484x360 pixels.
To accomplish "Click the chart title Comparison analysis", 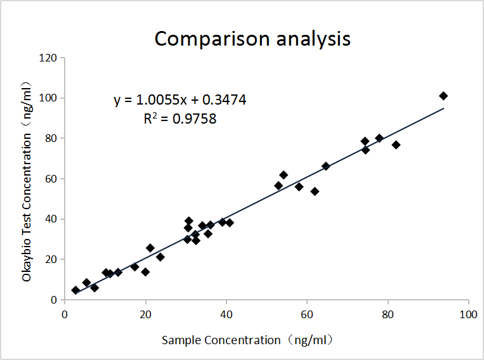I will [x=252, y=39].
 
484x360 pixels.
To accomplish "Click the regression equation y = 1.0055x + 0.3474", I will [x=180, y=100].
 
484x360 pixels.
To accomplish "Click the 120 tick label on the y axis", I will [x=49, y=58].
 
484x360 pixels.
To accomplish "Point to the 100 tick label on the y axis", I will [x=49, y=98].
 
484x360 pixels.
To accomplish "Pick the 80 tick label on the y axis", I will [x=51, y=138].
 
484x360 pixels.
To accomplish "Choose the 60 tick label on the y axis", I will [x=51, y=179].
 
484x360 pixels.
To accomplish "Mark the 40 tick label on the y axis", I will [x=51, y=219].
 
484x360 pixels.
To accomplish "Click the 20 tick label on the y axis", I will [x=51, y=259].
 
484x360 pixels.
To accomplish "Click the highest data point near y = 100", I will [x=443, y=96].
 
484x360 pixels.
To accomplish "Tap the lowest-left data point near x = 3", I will [x=75, y=290].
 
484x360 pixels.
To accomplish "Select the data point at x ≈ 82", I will [x=396, y=145].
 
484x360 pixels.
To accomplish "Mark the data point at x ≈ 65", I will [x=326, y=166].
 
